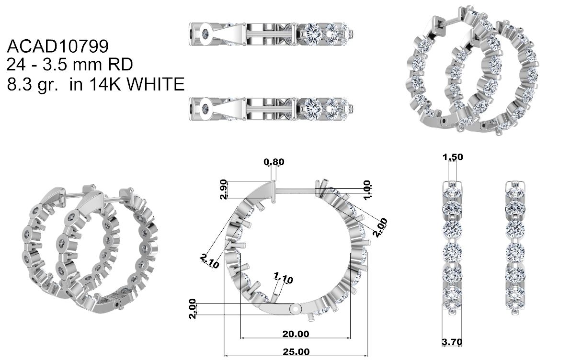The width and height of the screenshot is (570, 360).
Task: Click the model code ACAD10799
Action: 58,46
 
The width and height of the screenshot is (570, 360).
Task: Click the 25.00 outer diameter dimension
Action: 296,352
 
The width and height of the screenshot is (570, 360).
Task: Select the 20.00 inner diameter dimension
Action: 296,334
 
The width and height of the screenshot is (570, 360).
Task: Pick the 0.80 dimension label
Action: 274,162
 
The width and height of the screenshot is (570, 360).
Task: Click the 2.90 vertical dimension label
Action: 224,189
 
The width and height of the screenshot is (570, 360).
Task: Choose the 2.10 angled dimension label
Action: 210,261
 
